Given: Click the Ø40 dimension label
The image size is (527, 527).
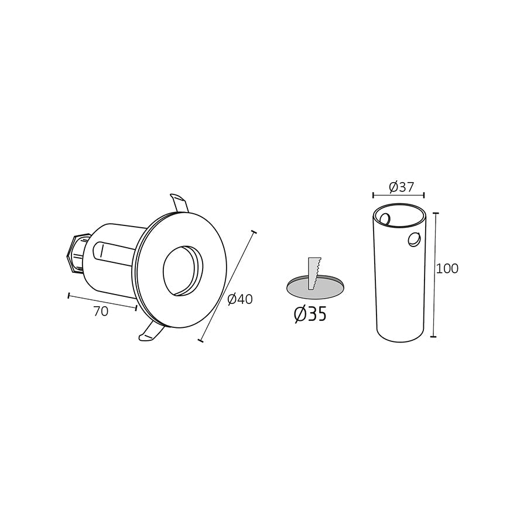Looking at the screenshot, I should point(239,299).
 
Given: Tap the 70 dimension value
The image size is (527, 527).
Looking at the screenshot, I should point(101,312).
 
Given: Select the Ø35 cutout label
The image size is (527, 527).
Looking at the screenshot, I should point(310,314).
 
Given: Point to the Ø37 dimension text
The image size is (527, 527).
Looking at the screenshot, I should point(401,187).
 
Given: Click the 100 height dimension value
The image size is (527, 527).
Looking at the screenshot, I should point(447,269).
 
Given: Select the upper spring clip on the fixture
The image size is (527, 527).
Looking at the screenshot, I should point(179,203).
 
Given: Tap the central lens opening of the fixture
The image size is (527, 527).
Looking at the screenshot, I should point(182,270).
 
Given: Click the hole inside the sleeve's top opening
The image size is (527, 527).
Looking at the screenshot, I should point(385,219).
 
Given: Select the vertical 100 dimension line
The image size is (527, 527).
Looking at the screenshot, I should point(434,275).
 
